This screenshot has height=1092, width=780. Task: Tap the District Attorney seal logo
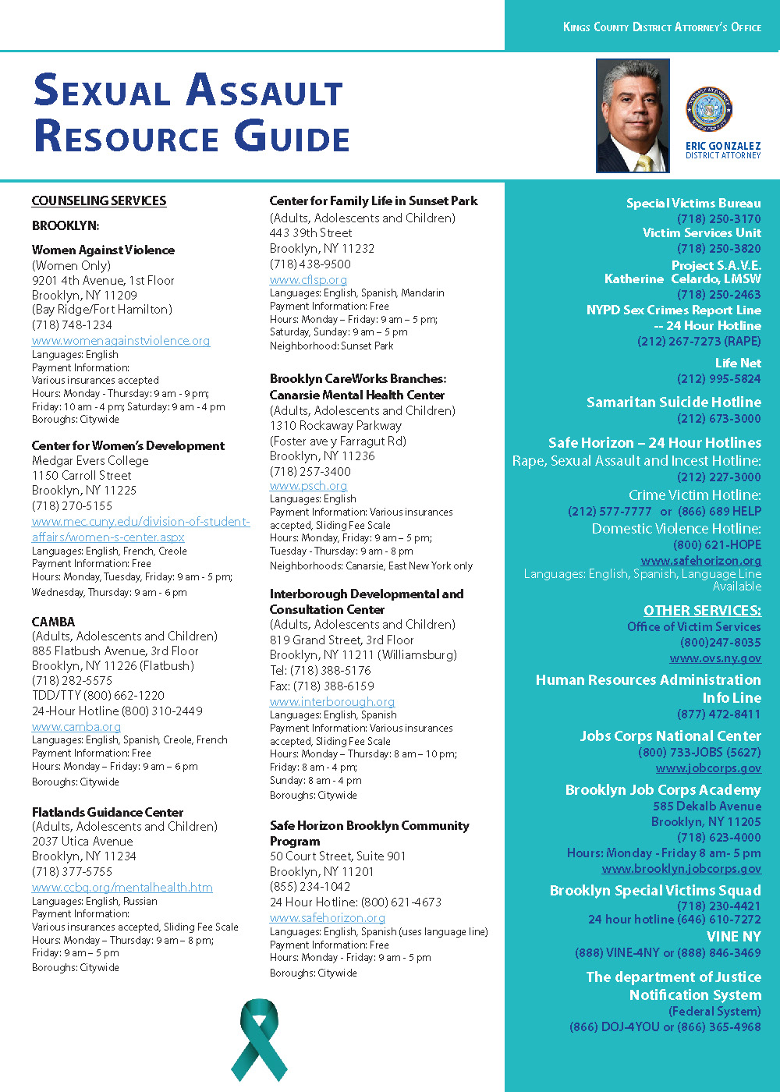[x=709, y=109]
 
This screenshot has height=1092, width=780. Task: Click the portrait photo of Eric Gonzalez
[x=633, y=115]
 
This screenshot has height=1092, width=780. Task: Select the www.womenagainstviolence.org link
[x=121, y=341]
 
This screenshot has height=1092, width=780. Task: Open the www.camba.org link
[x=76, y=727]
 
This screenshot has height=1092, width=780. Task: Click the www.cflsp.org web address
[x=308, y=279]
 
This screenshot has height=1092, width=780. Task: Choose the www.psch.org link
[x=308, y=485]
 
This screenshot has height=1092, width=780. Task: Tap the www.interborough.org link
[x=332, y=702]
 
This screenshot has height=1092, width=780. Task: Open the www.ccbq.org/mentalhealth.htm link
[x=122, y=888]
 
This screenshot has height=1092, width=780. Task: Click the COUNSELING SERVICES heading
[x=99, y=201]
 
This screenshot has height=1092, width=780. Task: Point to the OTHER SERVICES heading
[x=702, y=611]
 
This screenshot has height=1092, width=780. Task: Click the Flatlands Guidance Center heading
[x=108, y=812]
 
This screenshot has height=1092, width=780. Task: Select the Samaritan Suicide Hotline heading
[x=674, y=402]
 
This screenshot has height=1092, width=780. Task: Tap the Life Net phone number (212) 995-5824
[x=718, y=379]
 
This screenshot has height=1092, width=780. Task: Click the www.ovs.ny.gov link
[x=715, y=658]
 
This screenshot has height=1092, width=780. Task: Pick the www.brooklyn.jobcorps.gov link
[x=681, y=869]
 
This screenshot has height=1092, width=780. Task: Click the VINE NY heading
[x=733, y=937]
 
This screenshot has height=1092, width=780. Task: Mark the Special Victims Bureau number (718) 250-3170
[x=718, y=219]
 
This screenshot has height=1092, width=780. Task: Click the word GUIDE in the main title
[x=293, y=137]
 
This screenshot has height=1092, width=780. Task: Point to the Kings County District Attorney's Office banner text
[x=661, y=27]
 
